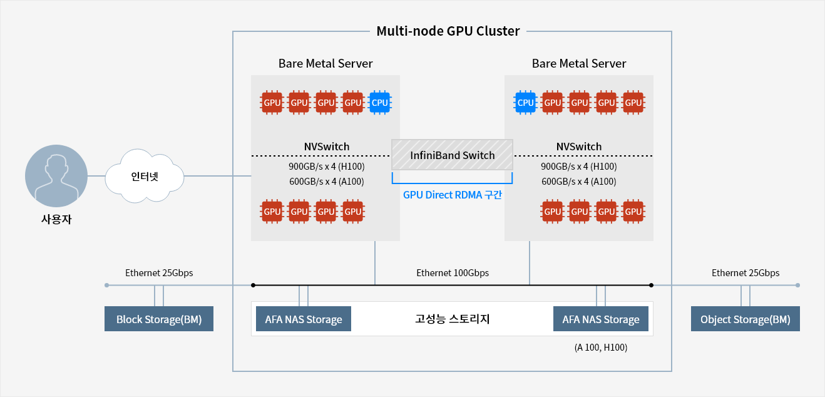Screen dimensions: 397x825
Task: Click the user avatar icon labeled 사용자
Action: [56, 176]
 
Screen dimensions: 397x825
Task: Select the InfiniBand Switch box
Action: [452, 155]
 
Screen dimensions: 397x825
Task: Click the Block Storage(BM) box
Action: [159, 319]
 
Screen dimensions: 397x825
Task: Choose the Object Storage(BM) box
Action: [745, 319]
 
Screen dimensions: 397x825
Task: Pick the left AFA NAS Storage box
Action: [304, 319]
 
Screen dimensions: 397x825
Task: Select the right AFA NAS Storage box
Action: [601, 319]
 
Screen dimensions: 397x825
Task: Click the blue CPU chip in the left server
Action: [380, 103]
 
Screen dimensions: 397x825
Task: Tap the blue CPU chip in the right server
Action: [525, 103]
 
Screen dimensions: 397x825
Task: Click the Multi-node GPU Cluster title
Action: [448, 31]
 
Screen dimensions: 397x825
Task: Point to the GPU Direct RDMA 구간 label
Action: [453, 195]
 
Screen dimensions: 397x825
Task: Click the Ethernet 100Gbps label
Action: [453, 273]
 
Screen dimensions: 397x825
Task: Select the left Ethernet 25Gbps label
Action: [159, 273]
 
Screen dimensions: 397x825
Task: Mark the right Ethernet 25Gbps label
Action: [746, 273]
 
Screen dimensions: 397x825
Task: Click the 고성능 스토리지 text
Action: [452, 319]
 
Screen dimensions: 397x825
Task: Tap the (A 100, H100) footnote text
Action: [600, 348]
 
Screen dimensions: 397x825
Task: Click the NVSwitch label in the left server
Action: [327, 147]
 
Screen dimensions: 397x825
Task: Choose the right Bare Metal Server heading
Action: [579, 64]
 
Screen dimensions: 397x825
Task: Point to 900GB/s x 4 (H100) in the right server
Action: [579, 167]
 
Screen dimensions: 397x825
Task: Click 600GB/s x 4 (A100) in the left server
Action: [326, 182]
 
